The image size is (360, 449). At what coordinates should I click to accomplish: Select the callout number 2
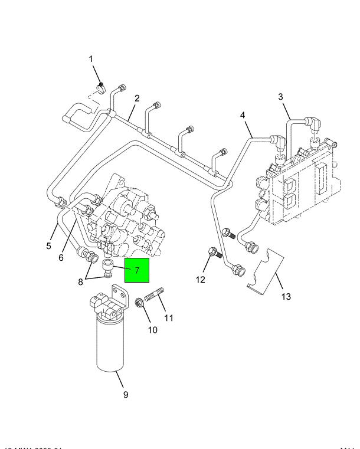coord(136,98)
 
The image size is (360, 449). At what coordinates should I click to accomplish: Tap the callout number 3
coord(281,96)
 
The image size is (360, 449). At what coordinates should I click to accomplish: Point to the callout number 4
coord(242,115)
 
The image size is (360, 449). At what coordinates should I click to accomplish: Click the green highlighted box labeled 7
coord(136,271)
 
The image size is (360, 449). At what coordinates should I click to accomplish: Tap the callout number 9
coord(125,395)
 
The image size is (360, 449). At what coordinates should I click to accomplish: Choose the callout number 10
coord(152,330)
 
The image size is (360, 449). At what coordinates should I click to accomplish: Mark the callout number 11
coord(169,319)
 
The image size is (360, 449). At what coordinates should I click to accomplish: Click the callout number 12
coord(200,279)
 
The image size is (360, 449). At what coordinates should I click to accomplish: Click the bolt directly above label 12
coord(214,255)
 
